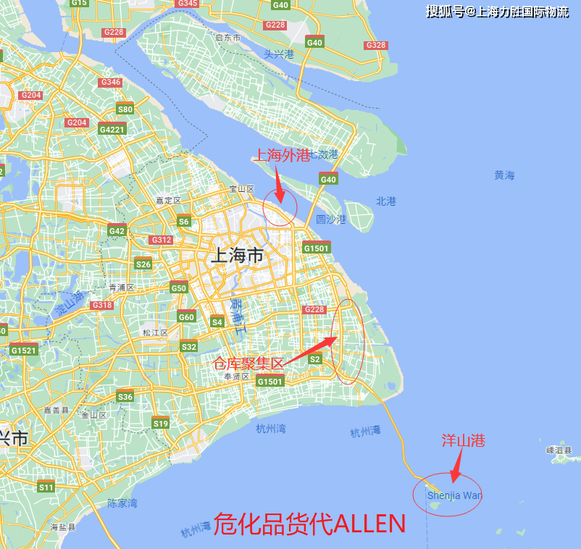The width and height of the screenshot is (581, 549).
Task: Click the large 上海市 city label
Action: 235,256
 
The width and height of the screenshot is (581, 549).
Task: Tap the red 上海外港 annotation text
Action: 281,155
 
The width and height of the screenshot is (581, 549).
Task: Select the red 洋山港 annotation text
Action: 463,440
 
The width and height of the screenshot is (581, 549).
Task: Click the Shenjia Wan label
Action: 454,496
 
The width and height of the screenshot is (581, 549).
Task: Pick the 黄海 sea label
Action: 504,175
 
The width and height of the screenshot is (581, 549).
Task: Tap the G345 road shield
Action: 187,4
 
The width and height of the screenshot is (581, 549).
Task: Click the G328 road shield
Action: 376,45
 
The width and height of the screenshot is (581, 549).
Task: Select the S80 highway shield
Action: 125,109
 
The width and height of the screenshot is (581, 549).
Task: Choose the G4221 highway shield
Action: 112,130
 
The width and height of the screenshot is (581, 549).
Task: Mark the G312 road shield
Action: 161,240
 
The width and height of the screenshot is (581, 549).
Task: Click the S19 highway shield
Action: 160,423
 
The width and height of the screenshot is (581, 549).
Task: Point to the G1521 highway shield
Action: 23,351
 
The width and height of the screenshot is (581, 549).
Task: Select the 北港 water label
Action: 386,201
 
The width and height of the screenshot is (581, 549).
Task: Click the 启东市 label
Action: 227,37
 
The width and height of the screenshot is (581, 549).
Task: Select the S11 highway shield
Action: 46,487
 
